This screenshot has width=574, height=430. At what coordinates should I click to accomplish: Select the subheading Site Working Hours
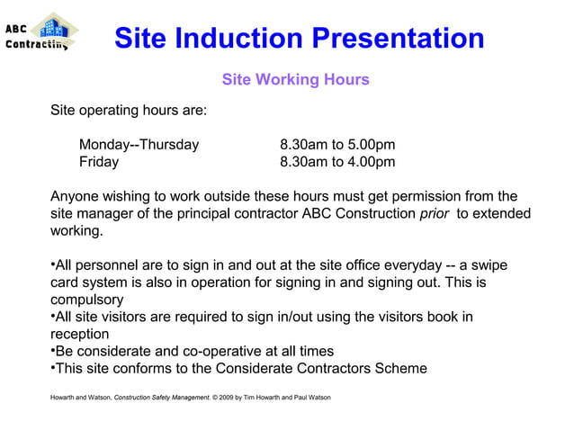click(295, 80)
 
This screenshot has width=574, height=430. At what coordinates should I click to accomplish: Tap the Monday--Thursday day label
click(139, 146)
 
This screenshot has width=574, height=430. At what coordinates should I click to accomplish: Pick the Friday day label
click(98, 163)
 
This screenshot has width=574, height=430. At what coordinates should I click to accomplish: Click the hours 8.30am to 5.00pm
click(337, 146)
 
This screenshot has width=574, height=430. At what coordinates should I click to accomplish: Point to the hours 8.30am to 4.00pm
click(337, 163)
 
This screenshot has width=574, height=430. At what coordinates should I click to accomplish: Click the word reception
click(79, 334)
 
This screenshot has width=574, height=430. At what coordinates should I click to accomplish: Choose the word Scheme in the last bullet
click(400, 368)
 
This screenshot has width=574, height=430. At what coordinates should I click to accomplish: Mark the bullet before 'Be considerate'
click(53, 350)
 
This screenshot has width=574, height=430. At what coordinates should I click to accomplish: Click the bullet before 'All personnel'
click(53, 264)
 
